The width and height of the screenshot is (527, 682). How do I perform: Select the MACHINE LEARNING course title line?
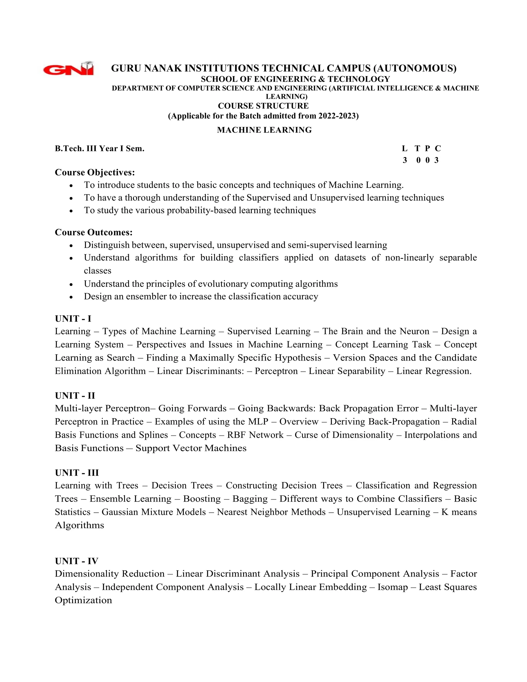tap(264, 130)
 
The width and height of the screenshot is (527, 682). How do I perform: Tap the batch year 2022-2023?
tap(337, 116)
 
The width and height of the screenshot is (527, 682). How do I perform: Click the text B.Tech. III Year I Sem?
tap(100, 149)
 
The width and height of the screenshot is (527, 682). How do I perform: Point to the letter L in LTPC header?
tap(405, 149)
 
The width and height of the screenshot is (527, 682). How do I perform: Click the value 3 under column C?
tap(436, 160)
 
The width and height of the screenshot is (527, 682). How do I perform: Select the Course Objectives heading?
tap(95, 172)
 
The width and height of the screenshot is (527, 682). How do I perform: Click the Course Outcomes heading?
tap(94, 232)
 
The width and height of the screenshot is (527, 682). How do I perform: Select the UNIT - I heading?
tap(73, 319)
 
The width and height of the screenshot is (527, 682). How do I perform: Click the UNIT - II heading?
tap(75, 396)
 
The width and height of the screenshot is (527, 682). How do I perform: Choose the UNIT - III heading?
tap(77, 473)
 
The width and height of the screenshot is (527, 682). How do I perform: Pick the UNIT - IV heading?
tap(76, 561)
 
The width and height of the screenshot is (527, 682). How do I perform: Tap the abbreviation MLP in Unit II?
tap(258, 422)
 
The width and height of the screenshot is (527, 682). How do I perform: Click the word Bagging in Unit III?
tap(250, 499)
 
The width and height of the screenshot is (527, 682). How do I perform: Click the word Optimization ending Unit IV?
tap(83, 600)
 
